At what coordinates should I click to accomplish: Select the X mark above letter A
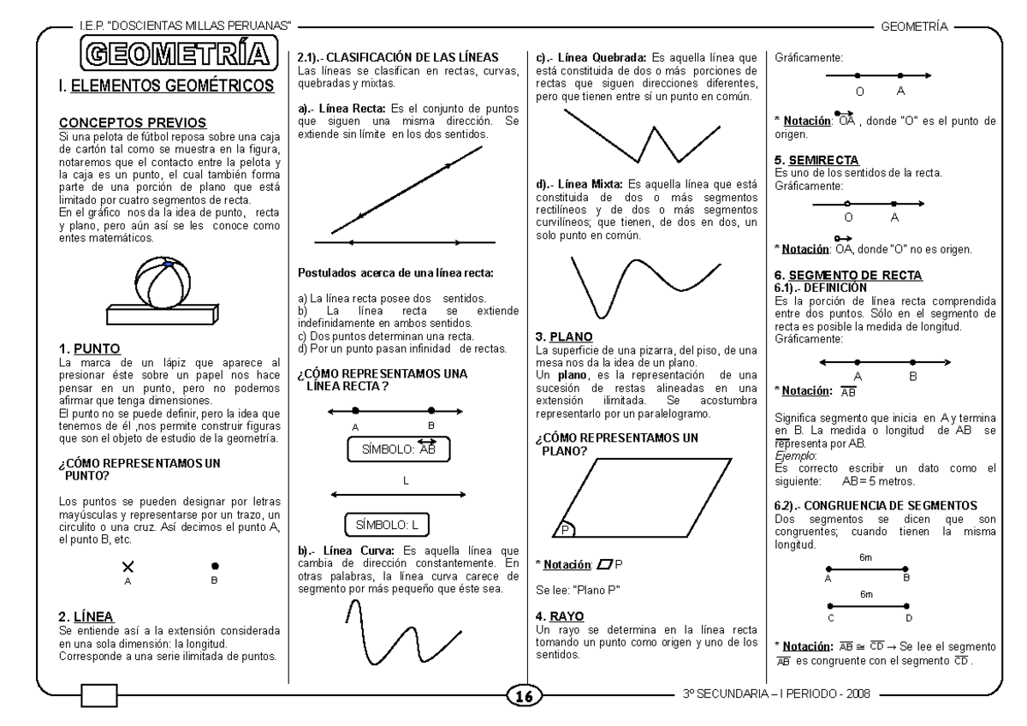128,566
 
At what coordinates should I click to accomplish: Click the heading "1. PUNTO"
89,348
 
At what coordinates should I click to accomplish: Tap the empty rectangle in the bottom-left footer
99,696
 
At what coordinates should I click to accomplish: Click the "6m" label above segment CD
866,593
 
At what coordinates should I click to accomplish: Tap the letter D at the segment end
909,617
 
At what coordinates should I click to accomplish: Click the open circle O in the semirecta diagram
847,204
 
